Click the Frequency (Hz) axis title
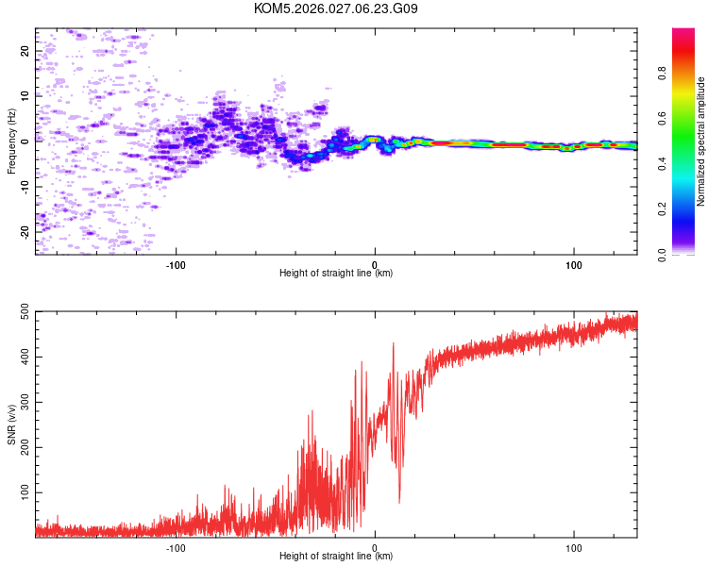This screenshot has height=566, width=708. pyautogui.click(x=11, y=141)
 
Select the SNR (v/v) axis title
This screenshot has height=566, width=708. pyautogui.click(x=11, y=426)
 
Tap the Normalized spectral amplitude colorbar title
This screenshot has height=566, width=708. pyautogui.click(x=700, y=141)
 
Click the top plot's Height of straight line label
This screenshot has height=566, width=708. pyautogui.click(x=336, y=273)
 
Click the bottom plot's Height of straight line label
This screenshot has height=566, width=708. pyautogui.click(x=336, y=556)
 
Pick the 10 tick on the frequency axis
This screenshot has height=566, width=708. pyautogui.click(x=25, y=95)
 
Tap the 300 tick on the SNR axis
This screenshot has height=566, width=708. pyautogui.click(x=22, y=402)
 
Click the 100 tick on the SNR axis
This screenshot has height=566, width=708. pyautogui.click(x=22, y=492)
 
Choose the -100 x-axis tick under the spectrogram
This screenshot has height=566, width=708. pyautogui.click(x=176, y=263)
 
